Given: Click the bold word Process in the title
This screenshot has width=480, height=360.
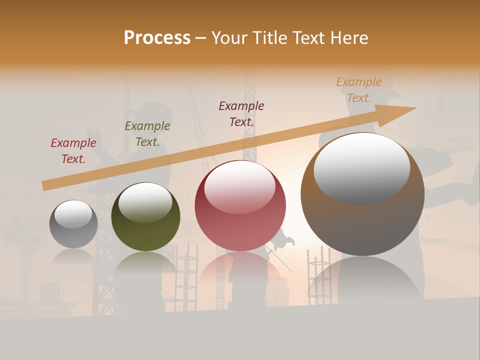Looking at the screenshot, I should (x=157, y=37).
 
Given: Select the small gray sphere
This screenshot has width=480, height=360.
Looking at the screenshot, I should (x=73, y=224).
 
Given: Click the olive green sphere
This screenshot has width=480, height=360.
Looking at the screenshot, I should (x=145, y=216).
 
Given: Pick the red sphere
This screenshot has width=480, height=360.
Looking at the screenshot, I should (x=240, y=205).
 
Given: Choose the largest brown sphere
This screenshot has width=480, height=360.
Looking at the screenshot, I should (x=362, y=194).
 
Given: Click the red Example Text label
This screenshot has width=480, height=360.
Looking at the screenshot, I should (x=73, y=151).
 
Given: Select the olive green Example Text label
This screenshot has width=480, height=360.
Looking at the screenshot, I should (x=147, y=134).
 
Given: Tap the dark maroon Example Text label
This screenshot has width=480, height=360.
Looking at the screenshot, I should (x=241, y=113).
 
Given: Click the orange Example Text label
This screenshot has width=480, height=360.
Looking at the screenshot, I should (x=359, y=90).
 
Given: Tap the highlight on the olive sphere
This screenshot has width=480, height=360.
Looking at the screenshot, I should (x=145, y=201).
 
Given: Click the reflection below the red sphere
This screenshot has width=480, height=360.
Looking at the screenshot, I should (x=240, y=272).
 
